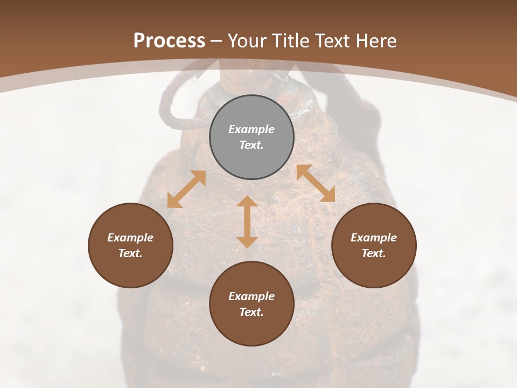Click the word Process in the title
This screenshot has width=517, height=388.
click(x=169, y=41)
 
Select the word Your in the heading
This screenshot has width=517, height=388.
click(x=247, y=41)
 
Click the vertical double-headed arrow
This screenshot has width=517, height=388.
click(x=247, y=221)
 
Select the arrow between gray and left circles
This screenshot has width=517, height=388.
click(x=186, y=189)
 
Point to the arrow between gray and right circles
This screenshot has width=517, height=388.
click(x=316, y=183)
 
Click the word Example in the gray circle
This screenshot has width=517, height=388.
click(x=251, y=129)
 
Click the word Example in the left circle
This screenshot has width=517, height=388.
click(x=130, y=238)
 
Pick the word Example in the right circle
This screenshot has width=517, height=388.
click(x=374, y=238)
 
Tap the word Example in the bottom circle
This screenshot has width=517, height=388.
click(x=251, y=296)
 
